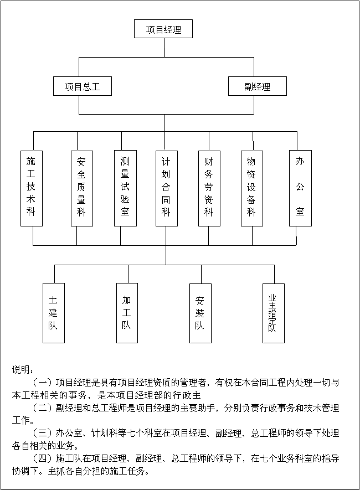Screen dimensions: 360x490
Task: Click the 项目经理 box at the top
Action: click(163, 29)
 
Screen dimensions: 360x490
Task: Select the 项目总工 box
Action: click(83, 86)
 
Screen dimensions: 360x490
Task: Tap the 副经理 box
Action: click(258, 86)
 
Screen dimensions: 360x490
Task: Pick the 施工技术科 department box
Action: click(32, 188)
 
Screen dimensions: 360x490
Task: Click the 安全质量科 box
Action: click(82, 188)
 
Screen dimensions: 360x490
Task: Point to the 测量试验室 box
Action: click(125, 188)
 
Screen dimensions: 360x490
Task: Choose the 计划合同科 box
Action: click(167, 188)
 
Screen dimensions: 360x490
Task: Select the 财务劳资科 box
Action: click(209, 188)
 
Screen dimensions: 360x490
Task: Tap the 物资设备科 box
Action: click(252, 188)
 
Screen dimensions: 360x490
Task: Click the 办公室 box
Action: click(300, 188)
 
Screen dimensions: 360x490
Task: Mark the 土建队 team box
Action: click(54, 313)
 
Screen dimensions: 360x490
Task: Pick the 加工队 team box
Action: click(127, 313)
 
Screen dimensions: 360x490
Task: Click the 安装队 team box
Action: click(200, 313)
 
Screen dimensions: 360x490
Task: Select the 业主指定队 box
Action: click(274, 313)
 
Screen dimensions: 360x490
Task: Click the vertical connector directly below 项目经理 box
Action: click(164, 48)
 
